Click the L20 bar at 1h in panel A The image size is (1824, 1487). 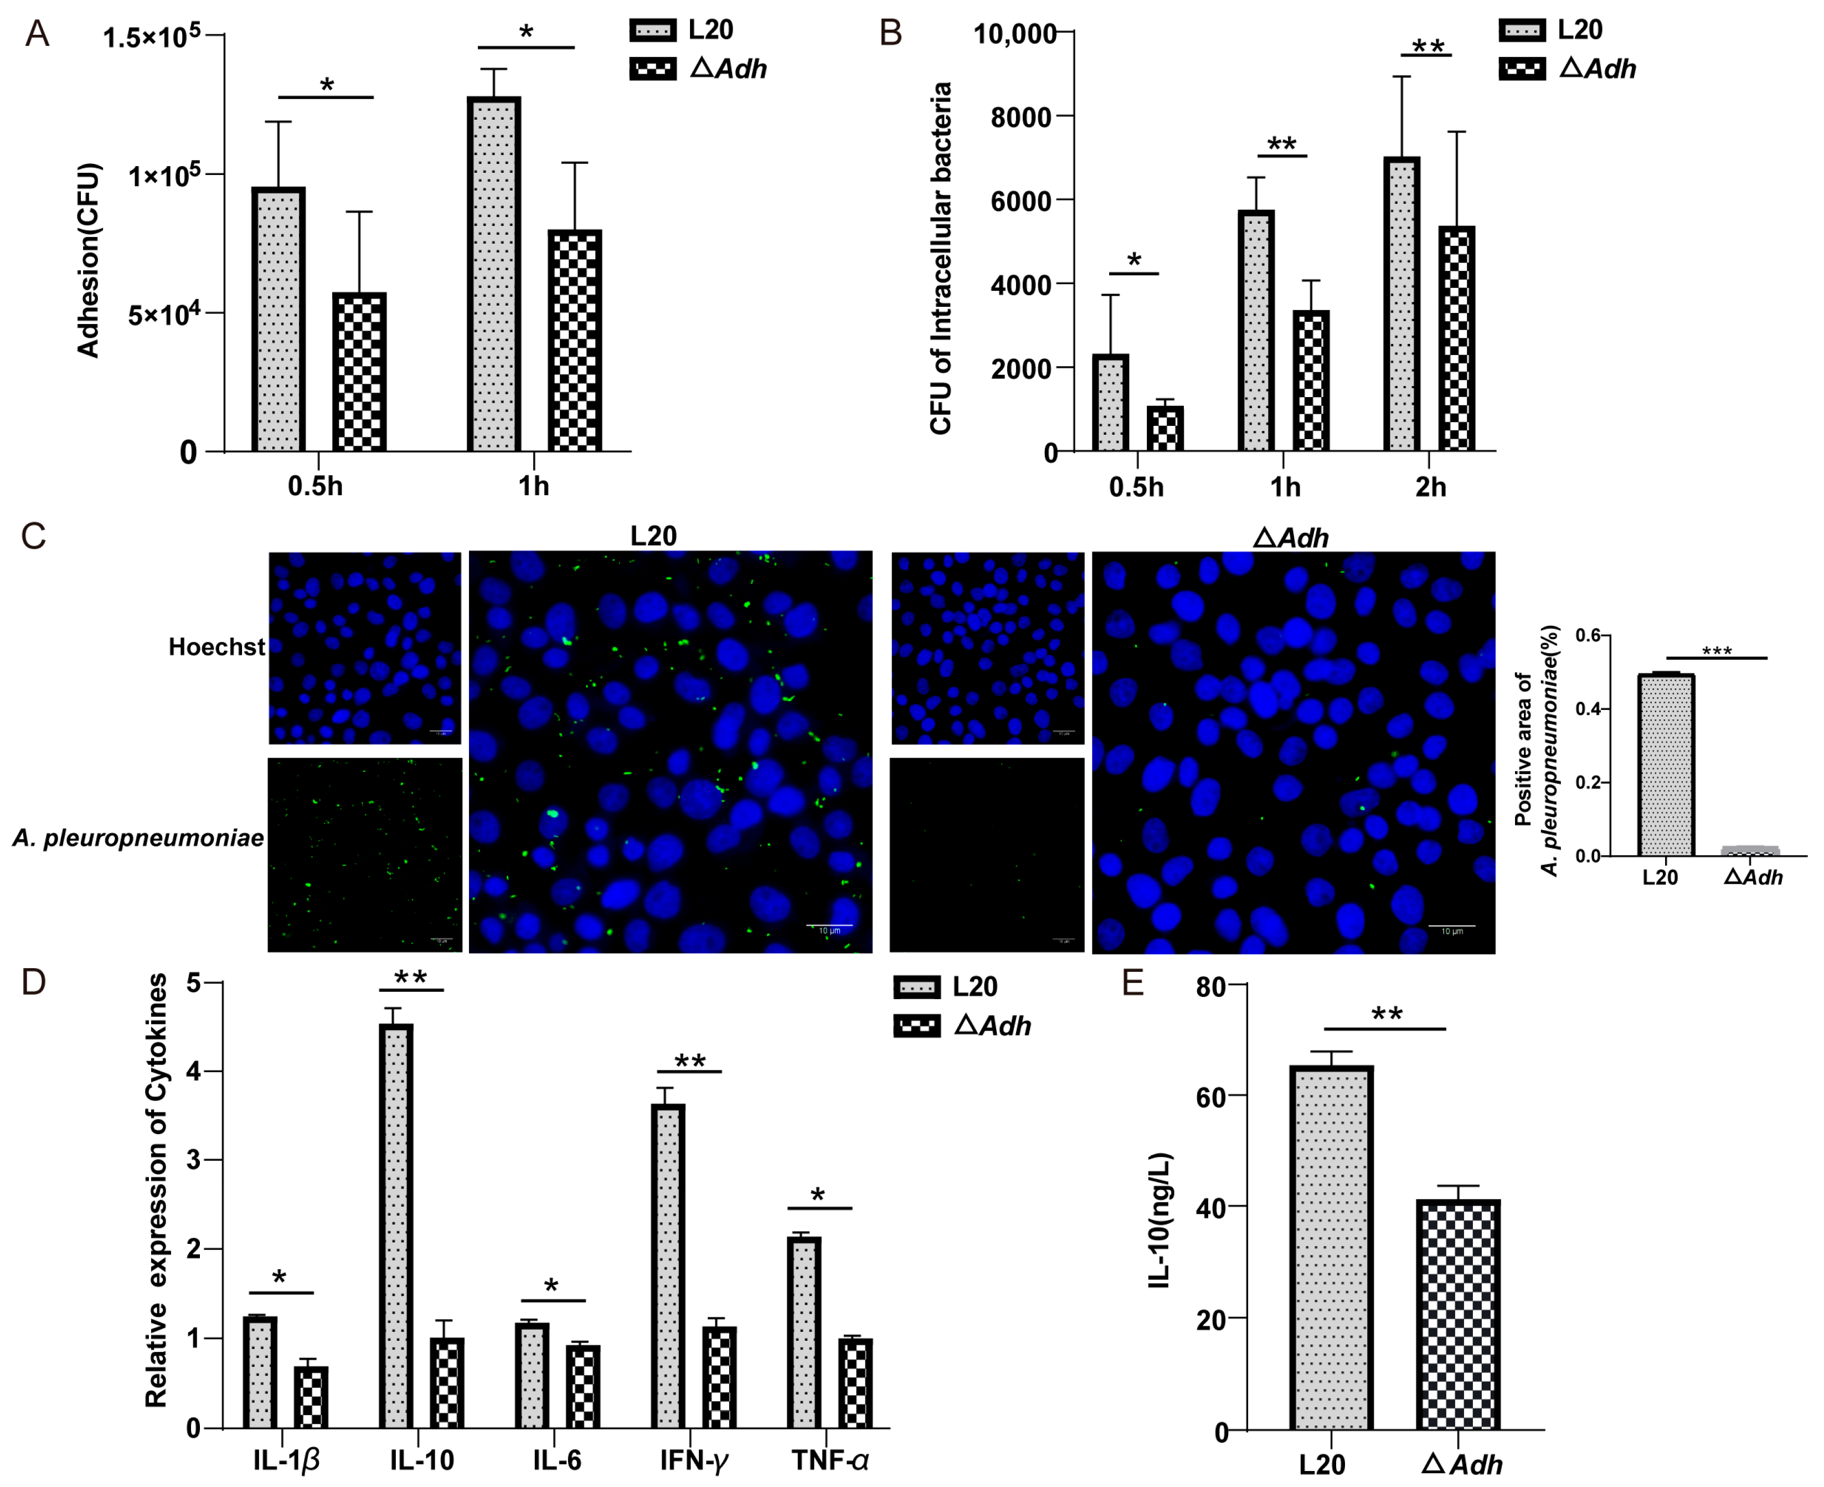point(494,274)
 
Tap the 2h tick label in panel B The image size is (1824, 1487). point(1430,487)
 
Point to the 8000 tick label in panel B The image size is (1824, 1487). point(1021,117)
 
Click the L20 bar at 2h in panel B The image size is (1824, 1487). point(1402,304)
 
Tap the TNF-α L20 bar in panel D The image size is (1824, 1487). point(804,1332)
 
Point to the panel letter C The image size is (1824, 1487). point(33,537)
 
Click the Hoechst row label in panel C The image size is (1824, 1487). point(216,647)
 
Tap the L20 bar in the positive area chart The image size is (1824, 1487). point(1666,765)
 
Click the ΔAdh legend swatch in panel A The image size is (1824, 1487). point(652,69)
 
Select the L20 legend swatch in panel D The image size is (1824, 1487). point(916,987)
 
